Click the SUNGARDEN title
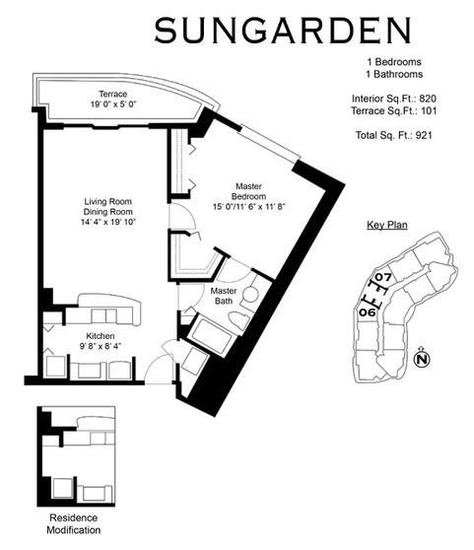point(281,31)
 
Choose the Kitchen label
point(101,336)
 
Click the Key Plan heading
point(387,226)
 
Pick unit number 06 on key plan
point(366,311)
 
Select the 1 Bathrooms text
point(394,74)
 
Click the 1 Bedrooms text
point(394,62)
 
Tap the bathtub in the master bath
point(210,335)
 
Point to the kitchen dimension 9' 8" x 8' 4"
point(101,347)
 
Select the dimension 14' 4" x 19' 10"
point(108,223)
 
